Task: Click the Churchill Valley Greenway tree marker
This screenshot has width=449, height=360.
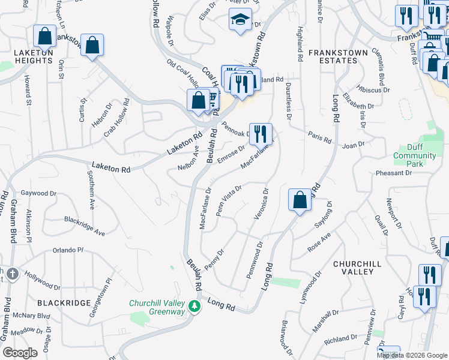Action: pos(194,307)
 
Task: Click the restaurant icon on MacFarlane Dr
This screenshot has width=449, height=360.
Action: pos(260,134)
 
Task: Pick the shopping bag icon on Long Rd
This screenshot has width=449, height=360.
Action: pos(300,200)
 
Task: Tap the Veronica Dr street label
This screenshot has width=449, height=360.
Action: pos(260,204)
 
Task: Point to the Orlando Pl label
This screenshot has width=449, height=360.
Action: pos(67,250)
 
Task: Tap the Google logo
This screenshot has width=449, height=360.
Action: pos(20,352)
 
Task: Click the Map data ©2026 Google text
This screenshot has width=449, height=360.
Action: pos(412,355)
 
